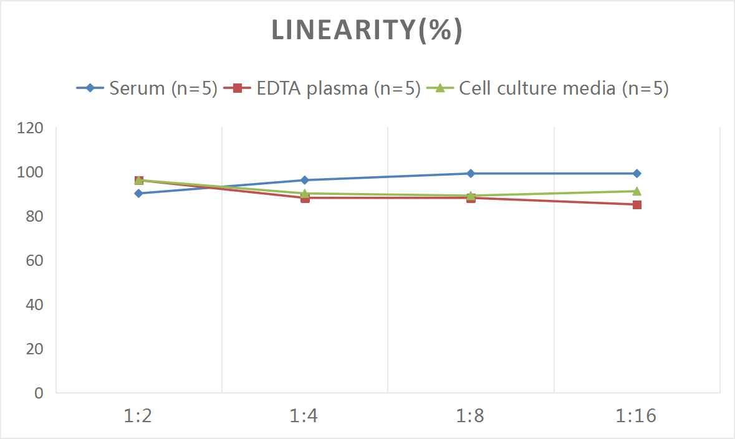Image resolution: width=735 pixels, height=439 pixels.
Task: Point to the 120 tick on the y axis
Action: (31, 128)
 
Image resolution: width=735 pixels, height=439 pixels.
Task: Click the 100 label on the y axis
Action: (31, 172)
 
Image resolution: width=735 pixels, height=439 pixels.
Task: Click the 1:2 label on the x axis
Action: (138, 415)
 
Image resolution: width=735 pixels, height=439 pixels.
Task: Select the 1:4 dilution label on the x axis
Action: (304, 415)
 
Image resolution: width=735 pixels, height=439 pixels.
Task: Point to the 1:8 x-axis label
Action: (470, 415)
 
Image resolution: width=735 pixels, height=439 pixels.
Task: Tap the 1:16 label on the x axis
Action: (637, 415)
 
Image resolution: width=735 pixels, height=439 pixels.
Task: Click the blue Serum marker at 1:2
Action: (138, 193)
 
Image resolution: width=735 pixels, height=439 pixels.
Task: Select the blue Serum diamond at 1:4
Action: (305, 180)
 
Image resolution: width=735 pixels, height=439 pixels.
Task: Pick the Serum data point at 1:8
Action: (471, 173)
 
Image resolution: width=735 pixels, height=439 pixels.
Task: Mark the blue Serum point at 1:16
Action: (637, 173)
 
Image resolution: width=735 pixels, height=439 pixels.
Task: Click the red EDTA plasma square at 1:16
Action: (637, 204)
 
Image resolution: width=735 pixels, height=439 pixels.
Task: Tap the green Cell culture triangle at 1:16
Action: (637, 191)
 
